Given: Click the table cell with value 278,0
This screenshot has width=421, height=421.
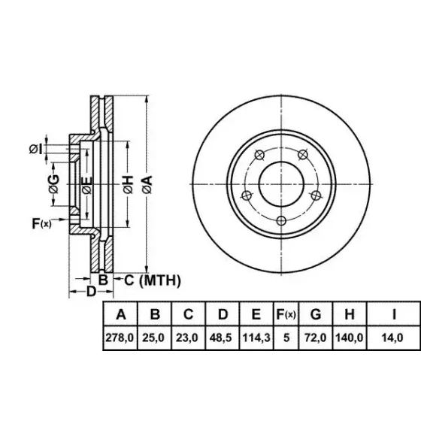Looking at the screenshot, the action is point(120,338).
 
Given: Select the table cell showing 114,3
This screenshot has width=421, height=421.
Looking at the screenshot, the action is point(256,338).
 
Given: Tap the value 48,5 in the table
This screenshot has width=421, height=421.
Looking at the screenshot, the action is point(223,338).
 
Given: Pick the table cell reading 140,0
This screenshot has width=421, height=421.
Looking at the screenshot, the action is point(350,338).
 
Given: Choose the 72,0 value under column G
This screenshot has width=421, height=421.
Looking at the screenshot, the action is point(316,338).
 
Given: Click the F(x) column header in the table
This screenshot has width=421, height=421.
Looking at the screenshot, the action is point(286,314).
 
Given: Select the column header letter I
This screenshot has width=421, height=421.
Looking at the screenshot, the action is point(394,314).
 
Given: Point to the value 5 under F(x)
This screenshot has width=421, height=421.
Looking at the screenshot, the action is point(286,338).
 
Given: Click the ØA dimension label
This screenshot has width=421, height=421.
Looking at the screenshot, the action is point(147,184).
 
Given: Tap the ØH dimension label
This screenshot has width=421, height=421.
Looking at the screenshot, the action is point(129,184).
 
